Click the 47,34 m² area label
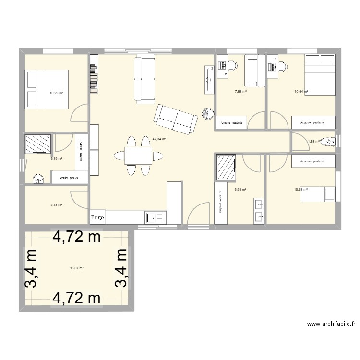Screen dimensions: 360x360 point(159,139)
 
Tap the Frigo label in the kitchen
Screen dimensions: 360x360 point(97,217)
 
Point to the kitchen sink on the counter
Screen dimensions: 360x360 point(155,218)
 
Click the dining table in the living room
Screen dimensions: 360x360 point(138,155)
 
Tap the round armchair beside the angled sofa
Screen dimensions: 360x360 point(208,114)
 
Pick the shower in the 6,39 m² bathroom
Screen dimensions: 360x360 point(37,143)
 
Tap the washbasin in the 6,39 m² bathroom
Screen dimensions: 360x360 point(38,179)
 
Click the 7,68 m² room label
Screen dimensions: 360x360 point(240,92)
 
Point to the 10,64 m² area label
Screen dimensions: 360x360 point(301,91)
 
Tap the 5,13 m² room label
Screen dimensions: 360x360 point(57,204)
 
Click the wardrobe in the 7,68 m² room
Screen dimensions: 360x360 point(232,123)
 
